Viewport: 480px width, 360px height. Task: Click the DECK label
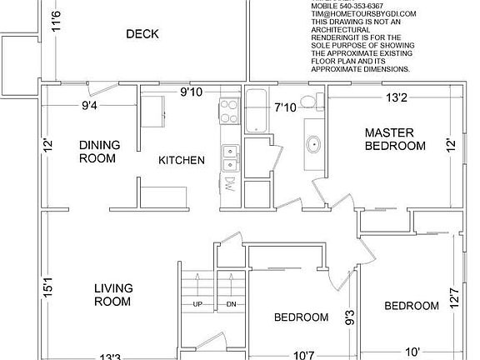tap(142, 34)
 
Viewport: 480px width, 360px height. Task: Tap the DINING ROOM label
tap(99, 152)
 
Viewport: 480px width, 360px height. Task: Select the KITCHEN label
tap(181, 159)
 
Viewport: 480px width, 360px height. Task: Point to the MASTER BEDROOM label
tap(395, 139)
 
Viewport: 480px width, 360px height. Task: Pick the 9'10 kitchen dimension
tap(193, 92)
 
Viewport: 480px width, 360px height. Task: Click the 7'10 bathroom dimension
tap(286, 107)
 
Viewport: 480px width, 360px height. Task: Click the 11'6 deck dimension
tap(56, 18)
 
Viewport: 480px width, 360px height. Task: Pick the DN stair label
tap(231, 304)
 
